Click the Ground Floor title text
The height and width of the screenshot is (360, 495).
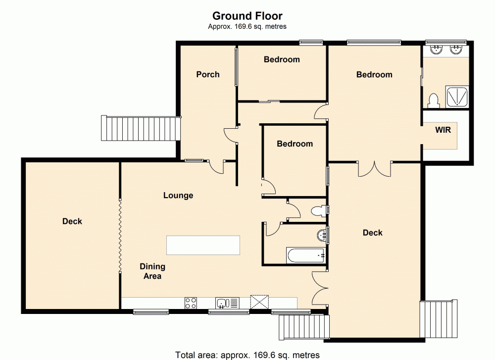click(247, 16)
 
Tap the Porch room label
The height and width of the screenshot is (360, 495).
click(208, 74)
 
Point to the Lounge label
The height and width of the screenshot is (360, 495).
click(178, 196)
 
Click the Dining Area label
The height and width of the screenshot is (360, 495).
click(152, 271)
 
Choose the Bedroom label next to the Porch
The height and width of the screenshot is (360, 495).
click(282, 59)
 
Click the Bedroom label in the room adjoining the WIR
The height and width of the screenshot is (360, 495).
click(374, 74)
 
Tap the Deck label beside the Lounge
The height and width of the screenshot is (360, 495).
click(72, 221)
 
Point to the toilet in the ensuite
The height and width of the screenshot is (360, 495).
click(433, 100)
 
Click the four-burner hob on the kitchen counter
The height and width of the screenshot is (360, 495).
click(191, 303)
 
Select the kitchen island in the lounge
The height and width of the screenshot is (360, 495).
click(203, 245)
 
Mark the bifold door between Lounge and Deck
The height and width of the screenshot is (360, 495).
click(120, 235)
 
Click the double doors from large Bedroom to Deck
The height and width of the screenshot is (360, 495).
click(374, 169)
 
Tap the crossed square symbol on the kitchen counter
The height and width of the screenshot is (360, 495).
click(259, 302)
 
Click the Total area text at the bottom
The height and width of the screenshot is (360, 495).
click(247, 355)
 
